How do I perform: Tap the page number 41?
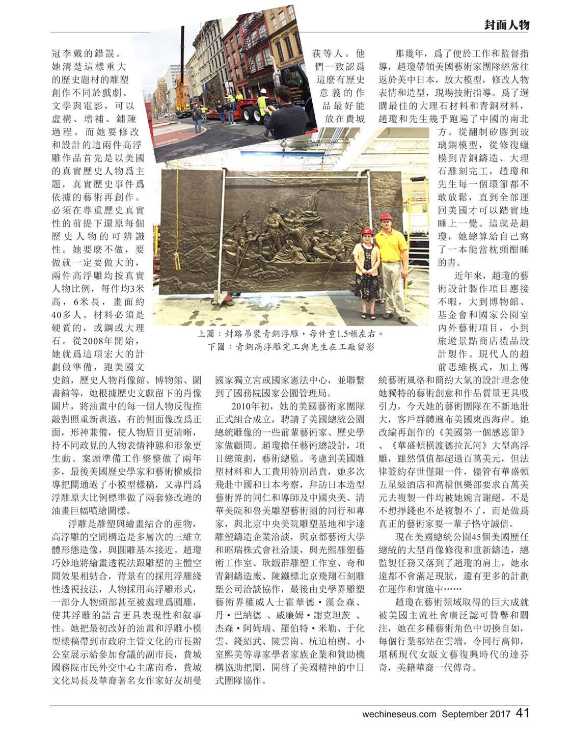[x=522, y=713]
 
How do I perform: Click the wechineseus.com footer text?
[x=399, y=714]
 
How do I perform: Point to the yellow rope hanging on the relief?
[x=178, y=239]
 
